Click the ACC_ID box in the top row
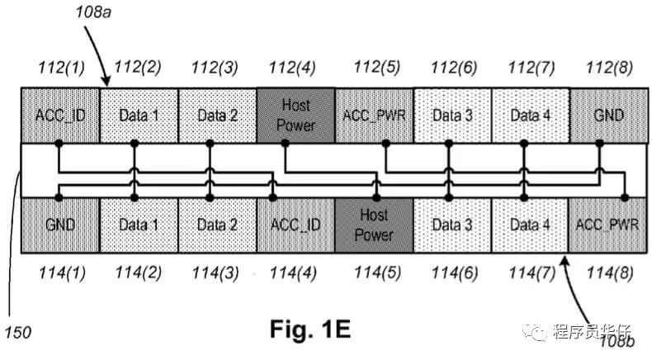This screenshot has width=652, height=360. pos(60,115)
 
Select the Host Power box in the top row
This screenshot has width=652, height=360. pos(295,115)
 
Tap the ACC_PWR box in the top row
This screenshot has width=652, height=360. pos(374,115)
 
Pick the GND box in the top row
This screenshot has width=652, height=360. pos(609,115)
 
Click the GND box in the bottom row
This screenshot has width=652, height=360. pos(60,225)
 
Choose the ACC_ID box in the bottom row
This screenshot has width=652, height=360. pos(295,225)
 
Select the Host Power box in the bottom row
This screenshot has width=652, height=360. pos(374,225)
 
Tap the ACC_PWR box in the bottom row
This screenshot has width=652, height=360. pos(609,225)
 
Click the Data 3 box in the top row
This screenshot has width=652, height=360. pos(452,115)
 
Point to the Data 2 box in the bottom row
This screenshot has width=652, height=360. pos(217,225)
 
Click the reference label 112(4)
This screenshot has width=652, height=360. pos(295,67)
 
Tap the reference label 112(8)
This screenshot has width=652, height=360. pos(609,67)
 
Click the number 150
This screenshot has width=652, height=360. pos(17,333)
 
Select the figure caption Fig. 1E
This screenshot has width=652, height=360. pos(310,329)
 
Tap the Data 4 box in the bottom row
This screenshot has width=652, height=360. pos(531,225)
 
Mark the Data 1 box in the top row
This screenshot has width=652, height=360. pos(139,115)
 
